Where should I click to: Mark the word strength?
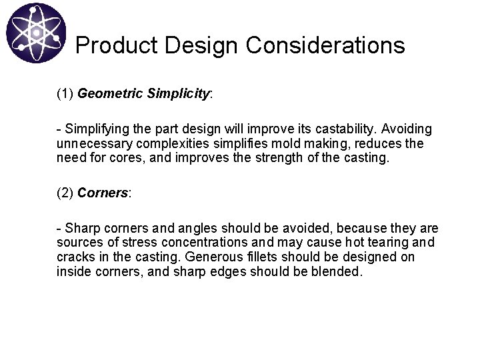[x=311, y=159]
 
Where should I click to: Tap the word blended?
[x=337, y=272]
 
